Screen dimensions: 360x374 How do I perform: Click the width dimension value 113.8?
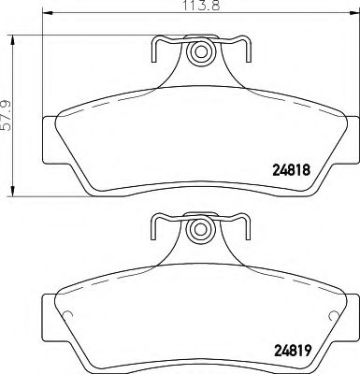coord(201,5)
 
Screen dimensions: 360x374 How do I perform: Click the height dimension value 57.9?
coord(7,115)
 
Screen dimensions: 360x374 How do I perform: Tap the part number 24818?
coord(292,170)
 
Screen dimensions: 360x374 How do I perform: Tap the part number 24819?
coord(292,352)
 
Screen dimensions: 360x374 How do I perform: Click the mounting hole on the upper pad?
coord(200,51)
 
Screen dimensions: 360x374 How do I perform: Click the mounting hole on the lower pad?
coord(200,230)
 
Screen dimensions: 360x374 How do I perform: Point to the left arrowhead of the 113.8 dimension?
coord(47,13)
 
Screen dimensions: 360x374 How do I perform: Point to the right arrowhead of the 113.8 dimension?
coord(354,13)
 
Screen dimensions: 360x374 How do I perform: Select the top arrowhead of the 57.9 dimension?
coord(13,40)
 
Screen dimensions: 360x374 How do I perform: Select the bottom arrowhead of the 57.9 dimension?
coord(13,192)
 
